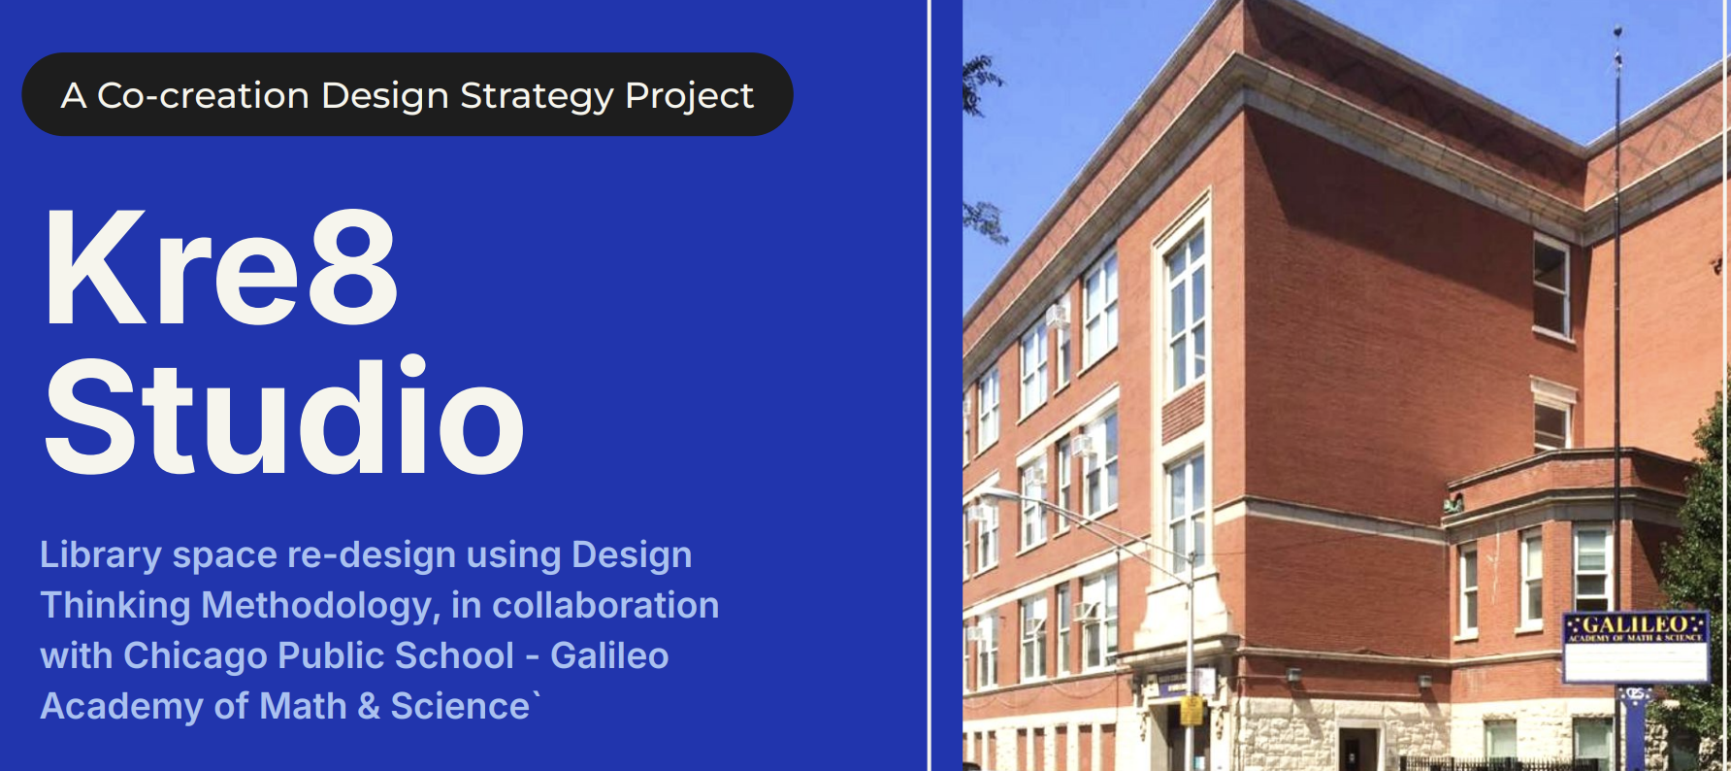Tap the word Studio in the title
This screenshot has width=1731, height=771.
(x=284, y=416)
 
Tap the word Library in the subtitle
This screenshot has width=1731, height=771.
(x=101, y=555)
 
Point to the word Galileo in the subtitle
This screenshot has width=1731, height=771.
(x=609, y=655)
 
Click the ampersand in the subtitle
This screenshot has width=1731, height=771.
(x=369, y=706)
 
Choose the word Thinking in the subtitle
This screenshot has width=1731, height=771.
(x=115, y=606)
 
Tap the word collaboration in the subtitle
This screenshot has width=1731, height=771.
(x=605, y=605)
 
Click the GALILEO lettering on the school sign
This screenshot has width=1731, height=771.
(x=1636, y=623)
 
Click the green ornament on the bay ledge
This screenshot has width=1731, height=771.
(x=1453, y=503)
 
